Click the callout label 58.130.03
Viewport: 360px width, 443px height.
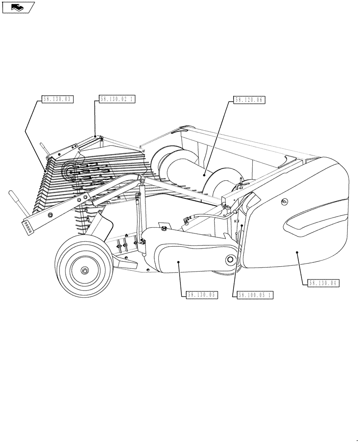click(57, 100)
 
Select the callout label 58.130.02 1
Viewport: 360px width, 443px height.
click(117, 100)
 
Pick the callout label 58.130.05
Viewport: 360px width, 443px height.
click(202, 295)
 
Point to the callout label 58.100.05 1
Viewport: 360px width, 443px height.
click(256, 295)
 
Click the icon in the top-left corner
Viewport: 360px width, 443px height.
click(18, 7)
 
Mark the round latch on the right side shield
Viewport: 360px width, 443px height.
click(284, 202)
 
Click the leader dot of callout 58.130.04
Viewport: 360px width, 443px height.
click(297, 252)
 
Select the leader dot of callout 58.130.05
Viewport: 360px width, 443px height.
click(179, 262)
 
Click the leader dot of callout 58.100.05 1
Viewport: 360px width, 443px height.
click(242, 225)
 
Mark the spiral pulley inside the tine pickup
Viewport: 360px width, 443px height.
click(70, 171)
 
